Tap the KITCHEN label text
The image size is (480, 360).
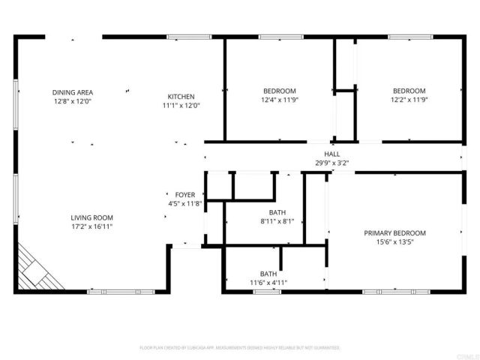[181, 97]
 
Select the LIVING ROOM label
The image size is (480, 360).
[92, 217]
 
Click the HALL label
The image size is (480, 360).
[331, 154]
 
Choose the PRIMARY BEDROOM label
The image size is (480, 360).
[394, 233]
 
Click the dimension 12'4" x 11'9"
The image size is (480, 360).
[279, 100]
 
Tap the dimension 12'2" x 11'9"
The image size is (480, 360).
[409, 100]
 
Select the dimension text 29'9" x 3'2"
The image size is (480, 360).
[331, 162]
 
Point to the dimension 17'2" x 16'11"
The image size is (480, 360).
[92, 226]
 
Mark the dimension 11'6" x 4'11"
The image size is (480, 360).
[268, 283]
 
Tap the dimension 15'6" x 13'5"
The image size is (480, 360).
[394, 242]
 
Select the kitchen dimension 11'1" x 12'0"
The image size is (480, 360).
[181, 106]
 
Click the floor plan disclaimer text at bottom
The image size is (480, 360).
[240, 348]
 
